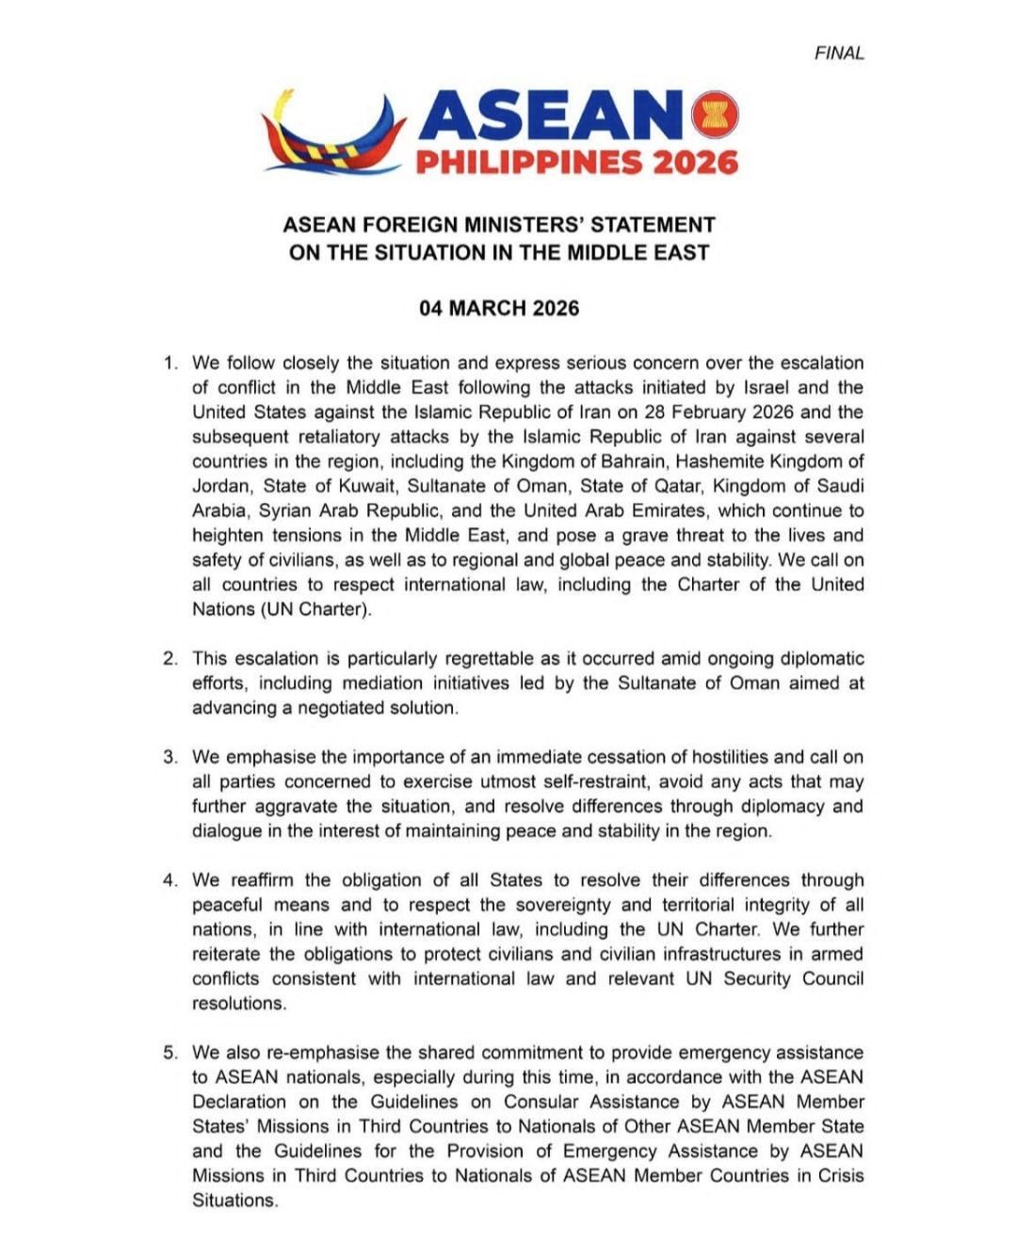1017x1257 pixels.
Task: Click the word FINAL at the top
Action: pyautogui.click(x=839, y=54)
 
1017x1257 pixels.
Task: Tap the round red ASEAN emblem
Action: pyautogui.click(x=715, y=115)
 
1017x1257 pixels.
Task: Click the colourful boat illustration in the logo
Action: pyautogui.click(x=333, y=132)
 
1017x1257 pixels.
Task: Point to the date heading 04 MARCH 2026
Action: pyautogui.click(x=499, y=309)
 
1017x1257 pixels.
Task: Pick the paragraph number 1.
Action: pyautogui.click(x=169, y=363)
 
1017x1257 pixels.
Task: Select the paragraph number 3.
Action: pyautogui.click(x=169, y=758)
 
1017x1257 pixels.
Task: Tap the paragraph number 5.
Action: pyautogui.click(x=169, y=1053)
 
